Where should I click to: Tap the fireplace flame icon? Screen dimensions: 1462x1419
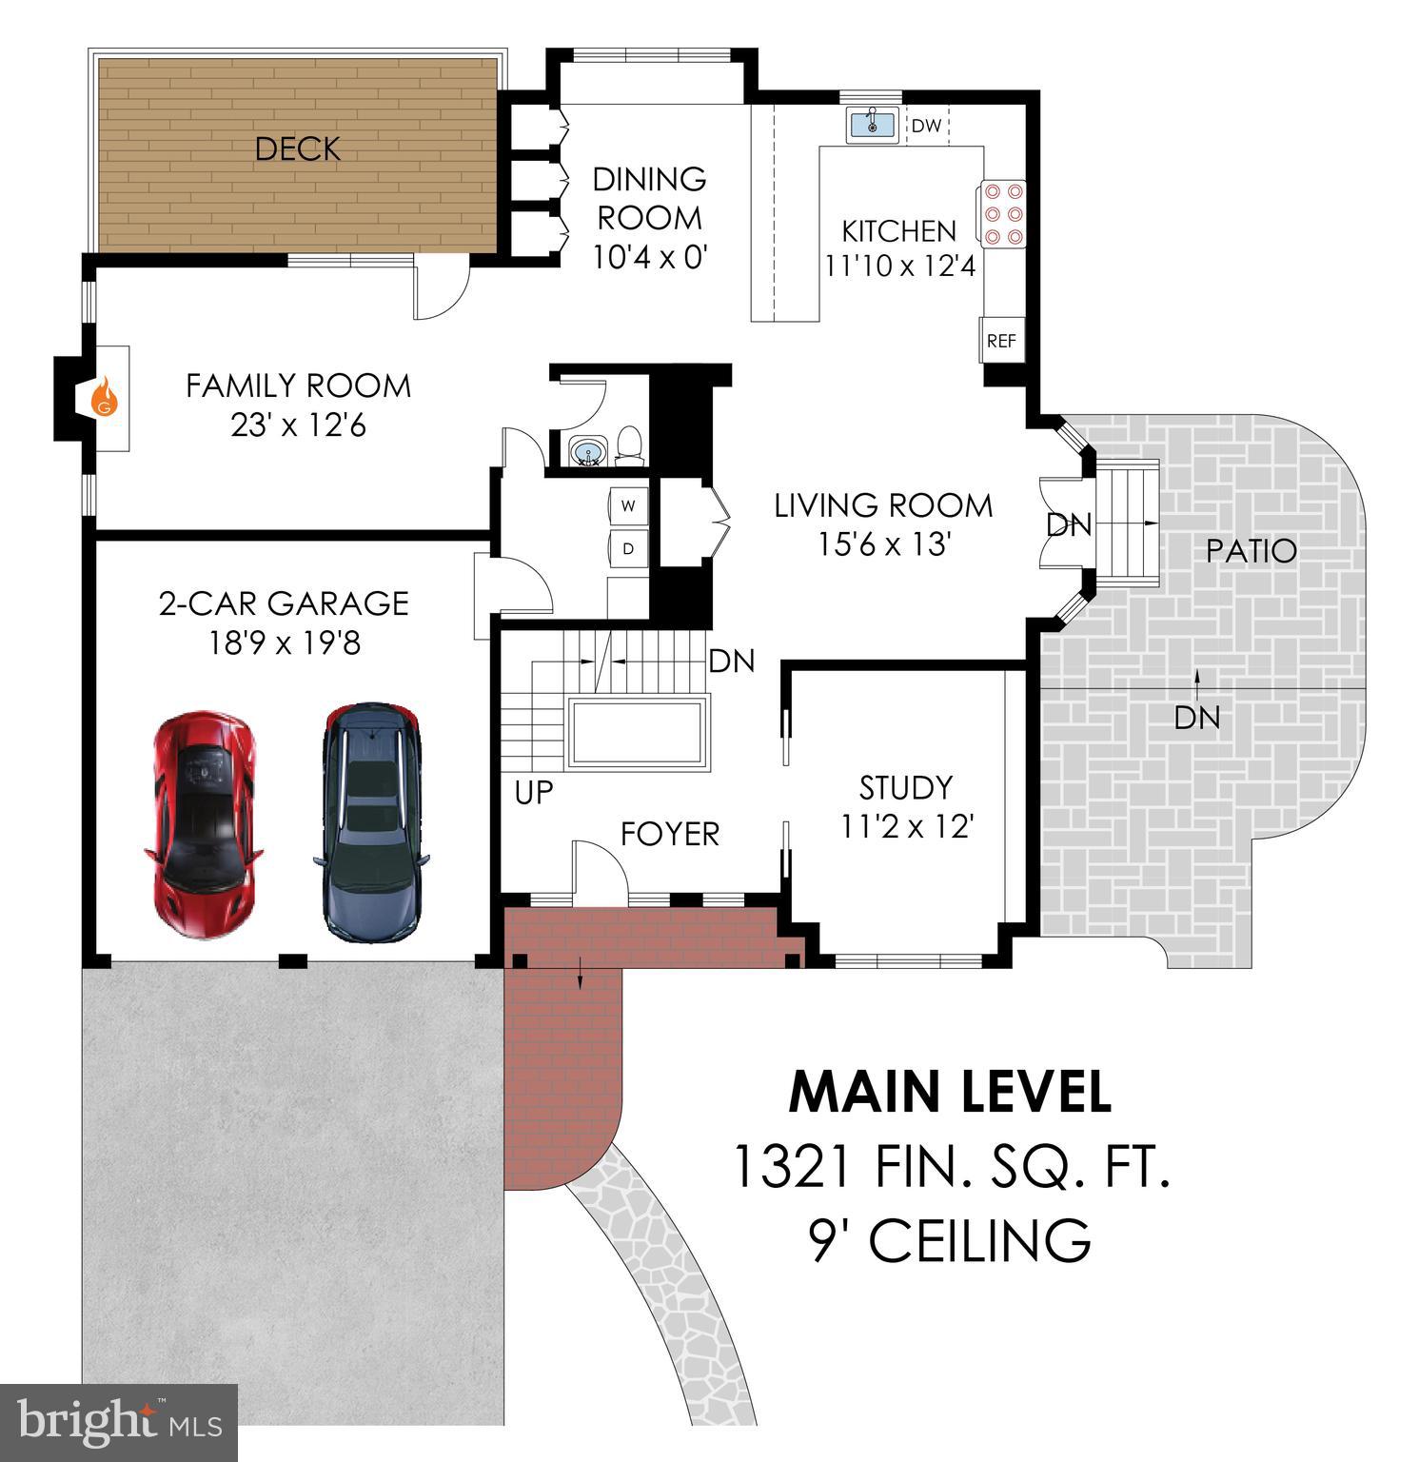point(106,396)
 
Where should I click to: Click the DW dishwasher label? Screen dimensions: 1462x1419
point(926,126)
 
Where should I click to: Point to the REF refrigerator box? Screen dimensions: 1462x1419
point(1001,341)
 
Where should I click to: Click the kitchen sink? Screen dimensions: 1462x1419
point(871,124)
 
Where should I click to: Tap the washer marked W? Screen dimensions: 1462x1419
point(628,505)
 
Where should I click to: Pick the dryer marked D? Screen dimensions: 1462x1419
point(628,548)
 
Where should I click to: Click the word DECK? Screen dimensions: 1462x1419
point(297,149)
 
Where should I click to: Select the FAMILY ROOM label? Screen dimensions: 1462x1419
point(298,385)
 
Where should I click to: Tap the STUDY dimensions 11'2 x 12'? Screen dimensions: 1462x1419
point(906,827)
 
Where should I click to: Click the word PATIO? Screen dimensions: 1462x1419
point(1251,551)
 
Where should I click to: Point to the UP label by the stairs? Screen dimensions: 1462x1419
point(534,793)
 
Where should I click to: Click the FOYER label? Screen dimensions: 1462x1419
point(669,834)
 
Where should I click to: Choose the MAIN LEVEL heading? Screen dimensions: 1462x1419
point(949,1093)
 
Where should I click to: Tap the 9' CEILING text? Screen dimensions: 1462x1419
point(949,1240)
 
